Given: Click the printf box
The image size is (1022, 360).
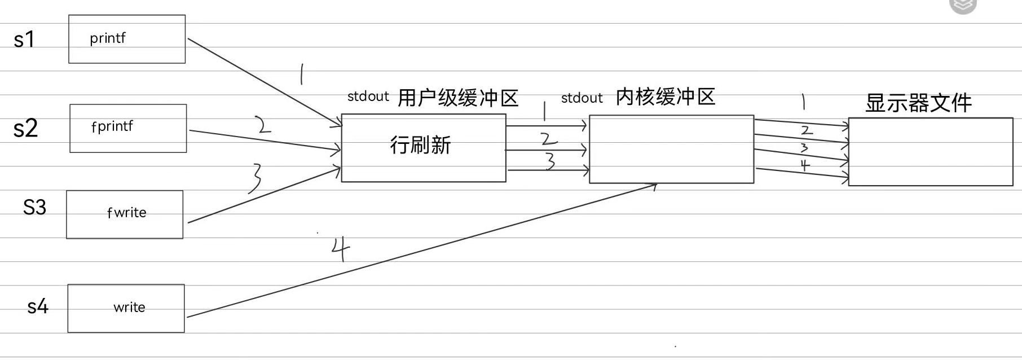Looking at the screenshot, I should (127, 39).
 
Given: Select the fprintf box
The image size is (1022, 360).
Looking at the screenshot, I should (128, 128).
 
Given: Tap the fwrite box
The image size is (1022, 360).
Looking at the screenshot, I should (125, 214).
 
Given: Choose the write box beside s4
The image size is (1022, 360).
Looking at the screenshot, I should (126, 308).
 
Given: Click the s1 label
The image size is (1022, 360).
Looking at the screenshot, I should (24, 39).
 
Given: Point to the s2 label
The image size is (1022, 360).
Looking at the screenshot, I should (25, 129).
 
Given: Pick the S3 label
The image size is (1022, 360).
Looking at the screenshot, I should (34, 207).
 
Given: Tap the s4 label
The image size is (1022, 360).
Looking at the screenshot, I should (38, 306).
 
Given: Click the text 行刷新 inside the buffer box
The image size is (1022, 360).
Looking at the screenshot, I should (420, 146).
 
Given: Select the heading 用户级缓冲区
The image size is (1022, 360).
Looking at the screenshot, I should (458, 98).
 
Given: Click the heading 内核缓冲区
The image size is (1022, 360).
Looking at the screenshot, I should (666, 97).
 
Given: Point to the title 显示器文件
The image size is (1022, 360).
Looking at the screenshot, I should (918, 103).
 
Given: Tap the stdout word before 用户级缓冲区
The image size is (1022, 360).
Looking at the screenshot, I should (368, 96).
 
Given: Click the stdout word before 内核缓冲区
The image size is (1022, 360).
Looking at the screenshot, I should (582, 98).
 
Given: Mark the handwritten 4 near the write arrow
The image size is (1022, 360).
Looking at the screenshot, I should (340, 248).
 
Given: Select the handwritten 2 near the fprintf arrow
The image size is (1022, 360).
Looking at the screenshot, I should (262, 124).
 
